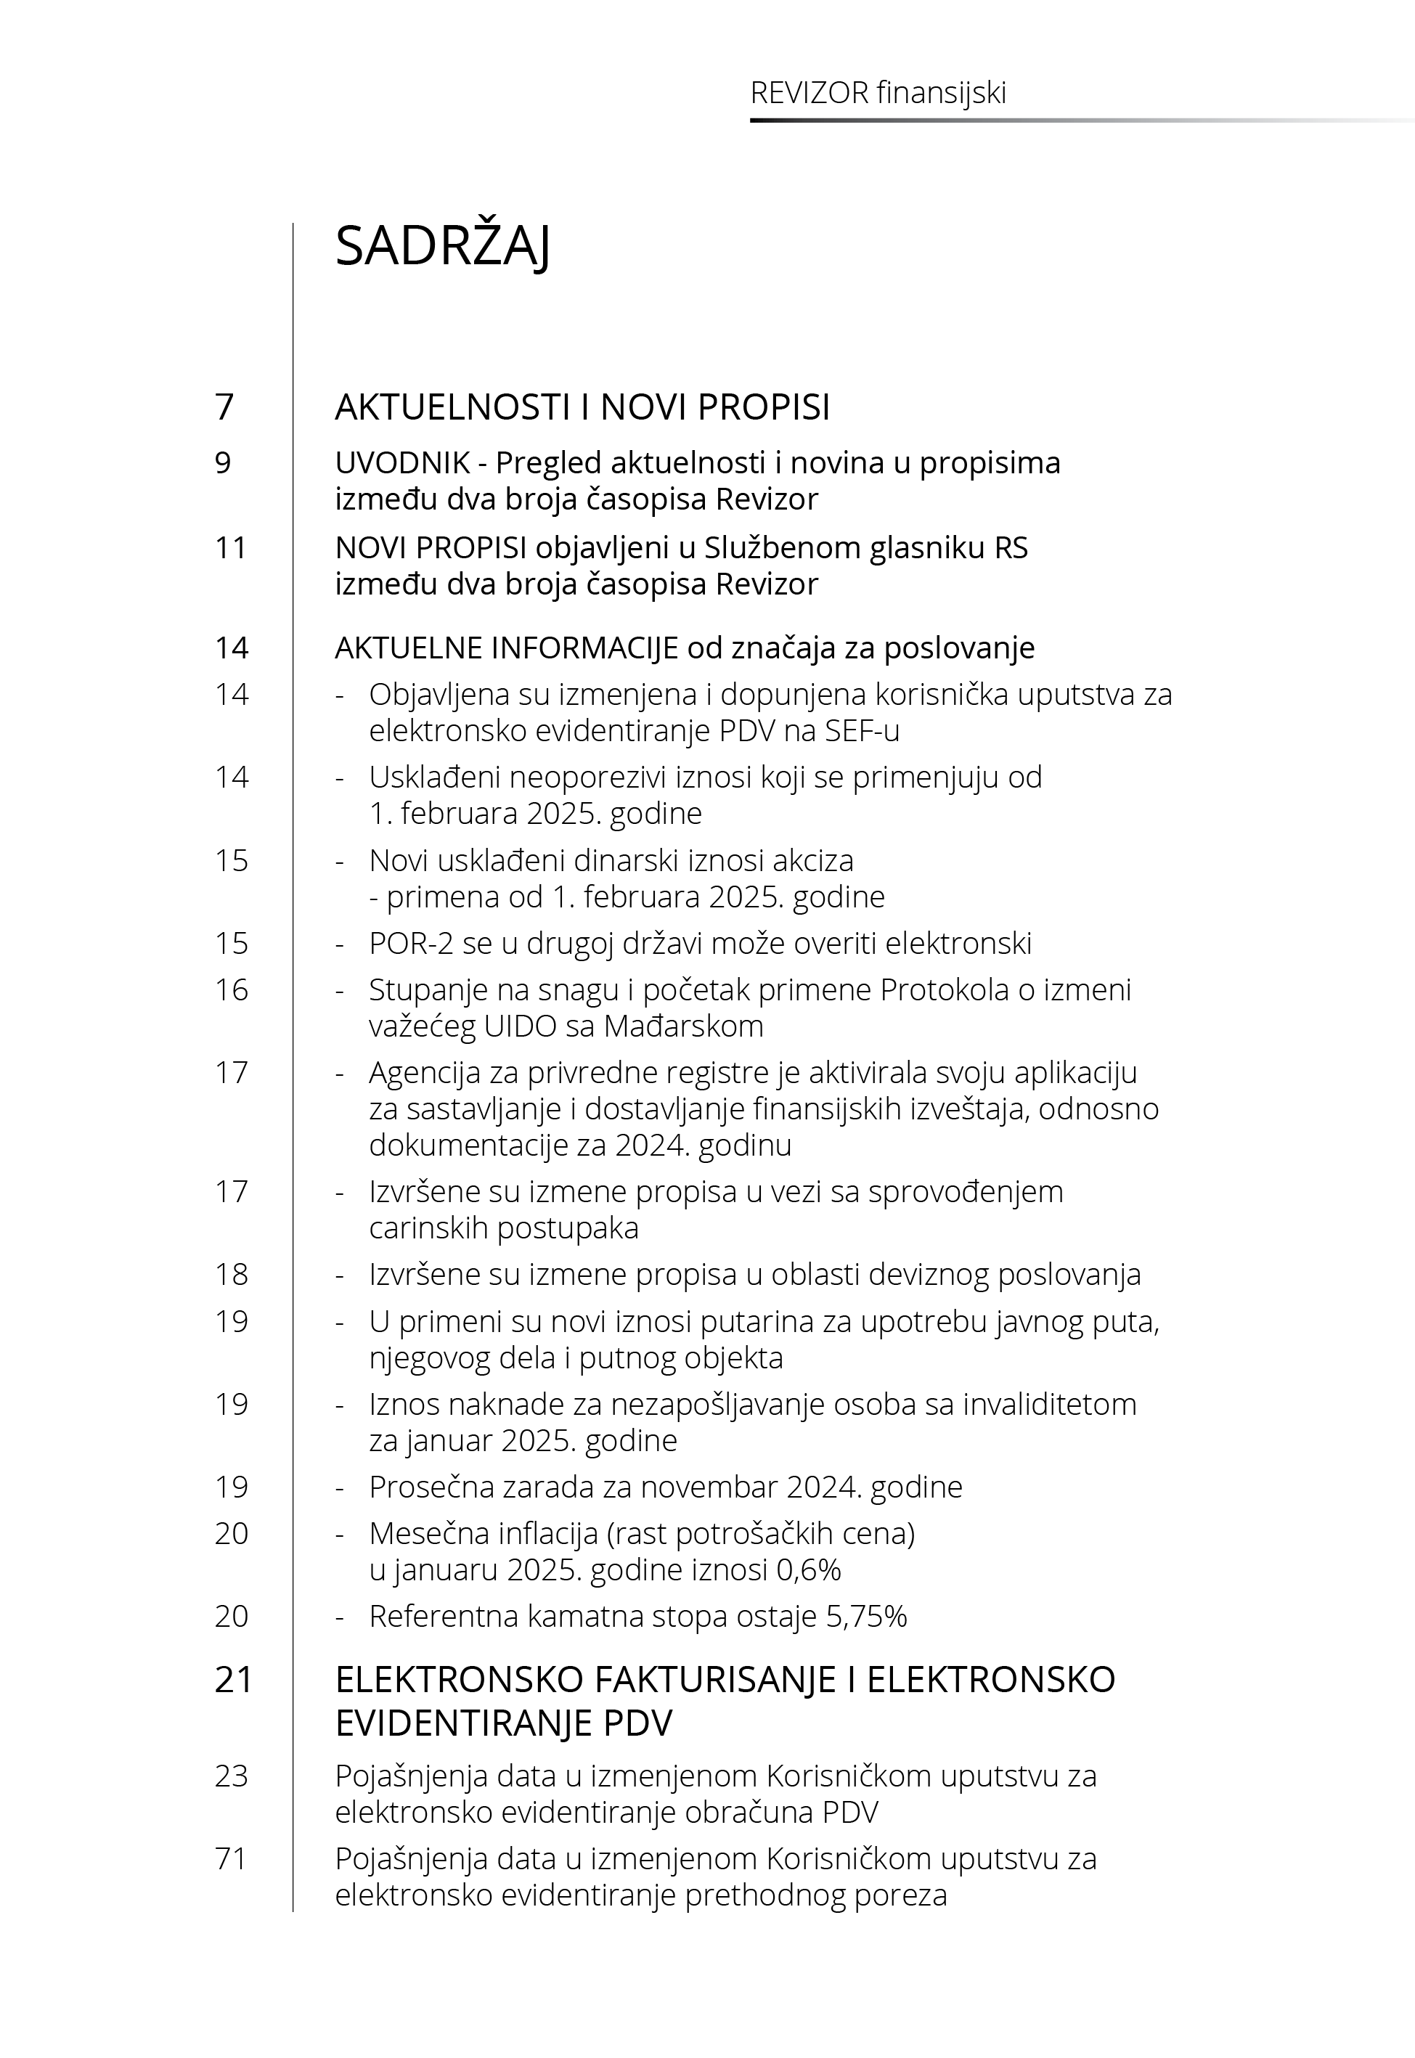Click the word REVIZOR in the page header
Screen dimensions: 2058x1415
(809, 93)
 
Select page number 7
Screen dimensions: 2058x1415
(224, 407)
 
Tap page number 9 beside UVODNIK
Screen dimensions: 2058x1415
(223, 462)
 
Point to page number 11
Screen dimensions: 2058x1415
(231, 548)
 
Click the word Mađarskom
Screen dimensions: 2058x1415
(684, 1026)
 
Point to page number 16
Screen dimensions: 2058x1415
(231, 990)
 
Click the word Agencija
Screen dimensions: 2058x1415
(421, 1072)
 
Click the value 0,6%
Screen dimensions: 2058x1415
(809, 1569)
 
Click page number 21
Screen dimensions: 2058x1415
(233, 1680)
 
